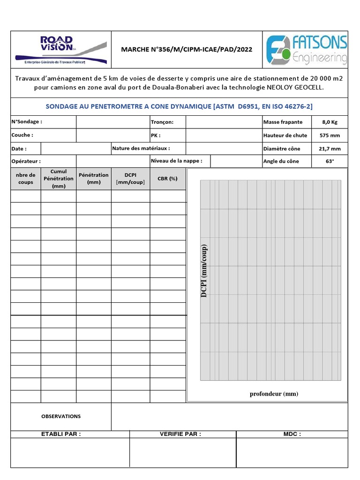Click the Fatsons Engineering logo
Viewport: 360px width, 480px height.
307,50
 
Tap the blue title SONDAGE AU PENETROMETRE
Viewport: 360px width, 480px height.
179,106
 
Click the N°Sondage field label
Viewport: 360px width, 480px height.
27,122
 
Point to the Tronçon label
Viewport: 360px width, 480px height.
162,122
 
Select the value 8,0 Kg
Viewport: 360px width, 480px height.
329,122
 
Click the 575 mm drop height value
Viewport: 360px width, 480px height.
329,135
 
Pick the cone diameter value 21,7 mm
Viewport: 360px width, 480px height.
329,149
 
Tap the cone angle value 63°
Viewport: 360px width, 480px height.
329,161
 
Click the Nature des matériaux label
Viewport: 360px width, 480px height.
141,148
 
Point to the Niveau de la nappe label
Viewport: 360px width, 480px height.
177,161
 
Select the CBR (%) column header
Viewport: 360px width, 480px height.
167,179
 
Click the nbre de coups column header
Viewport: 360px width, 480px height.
26,179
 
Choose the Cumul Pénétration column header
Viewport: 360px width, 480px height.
59,179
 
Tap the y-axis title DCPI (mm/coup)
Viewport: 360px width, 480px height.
204,271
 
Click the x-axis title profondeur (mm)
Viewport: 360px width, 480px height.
274,394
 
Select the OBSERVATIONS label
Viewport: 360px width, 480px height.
61,416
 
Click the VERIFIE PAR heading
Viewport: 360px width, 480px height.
180,434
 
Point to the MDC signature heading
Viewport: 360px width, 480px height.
292,434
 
